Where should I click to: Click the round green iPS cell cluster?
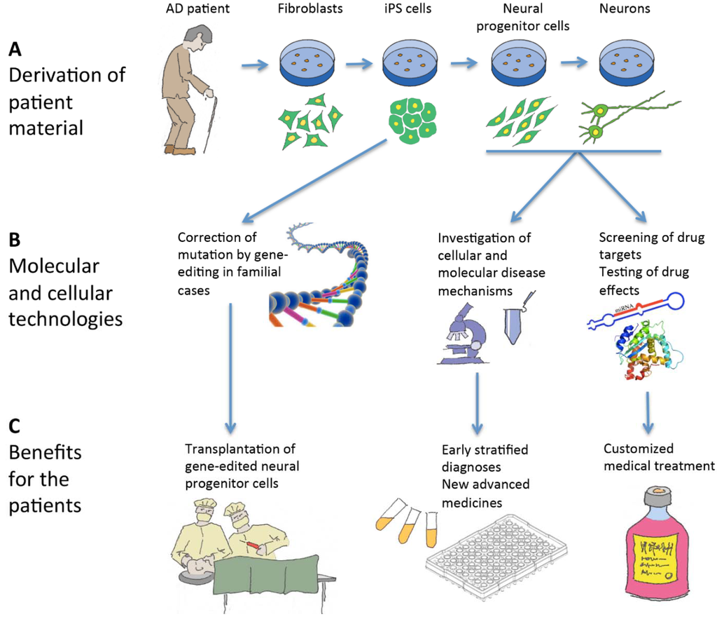(412, 121)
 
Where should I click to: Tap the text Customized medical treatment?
(658, 457)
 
